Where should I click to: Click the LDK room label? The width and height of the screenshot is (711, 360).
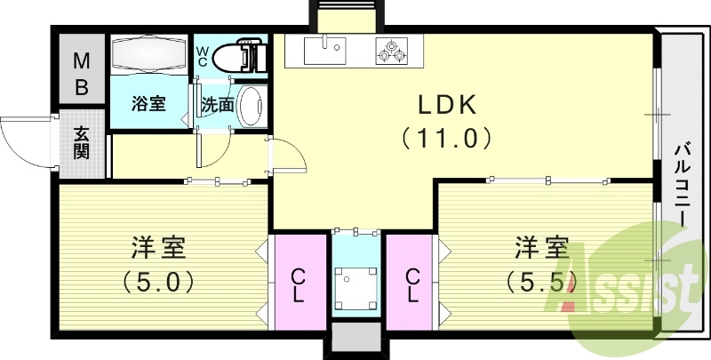click(x=447, y=105)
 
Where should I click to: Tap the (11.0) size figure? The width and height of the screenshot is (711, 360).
click(x=447, y=138)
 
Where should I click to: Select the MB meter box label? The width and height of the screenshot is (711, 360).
click(x=81, y=74)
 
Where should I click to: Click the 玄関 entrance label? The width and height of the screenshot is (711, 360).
click(x=82, y=143)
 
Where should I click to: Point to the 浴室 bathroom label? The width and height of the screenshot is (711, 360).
click(x=148, y=104)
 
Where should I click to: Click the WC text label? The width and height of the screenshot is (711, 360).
click(x=202, y=54)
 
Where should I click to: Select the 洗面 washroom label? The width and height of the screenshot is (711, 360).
click(x=217, y=105)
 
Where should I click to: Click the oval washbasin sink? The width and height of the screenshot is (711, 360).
click(x=251, y=106)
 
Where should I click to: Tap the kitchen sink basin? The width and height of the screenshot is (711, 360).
click(x=325, y=51)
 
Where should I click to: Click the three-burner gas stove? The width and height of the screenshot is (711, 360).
click(x=391, y=51)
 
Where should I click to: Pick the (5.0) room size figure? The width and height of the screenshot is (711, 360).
click(x=159, y=282)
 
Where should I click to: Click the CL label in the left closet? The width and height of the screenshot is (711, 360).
click(x=298, y=285)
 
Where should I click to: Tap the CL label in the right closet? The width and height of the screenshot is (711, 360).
click(x=412, y=285)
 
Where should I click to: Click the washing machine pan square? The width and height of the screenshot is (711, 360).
click(x=356, y=288)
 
